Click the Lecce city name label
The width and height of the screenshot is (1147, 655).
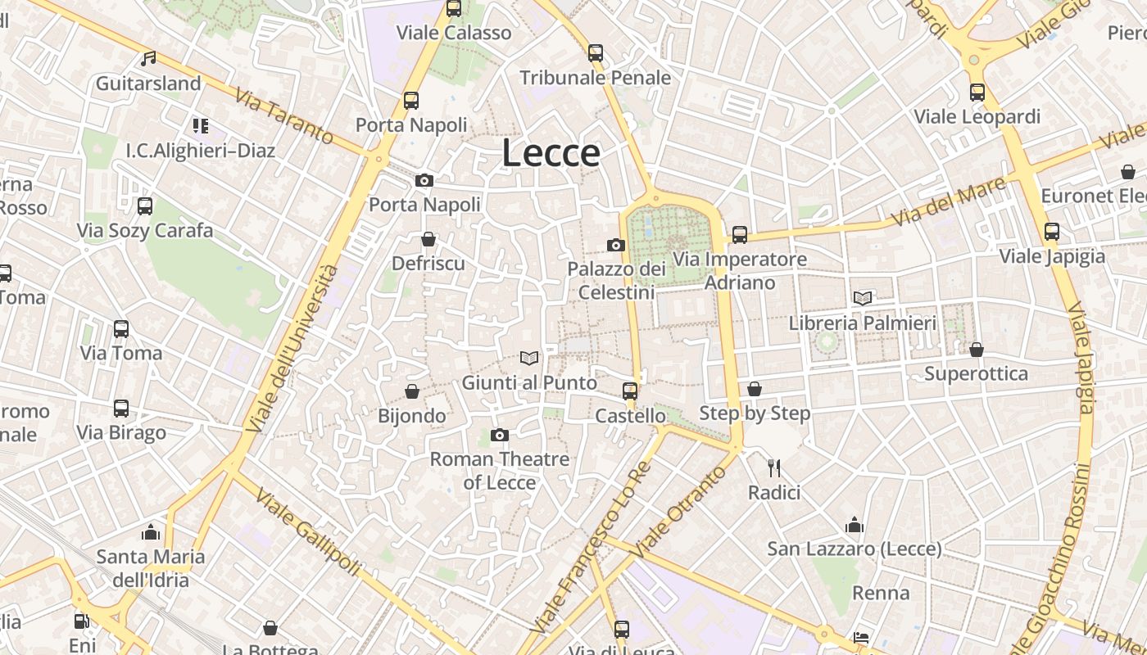tap(551, 153)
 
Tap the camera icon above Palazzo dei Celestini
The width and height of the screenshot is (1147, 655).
tap(616, 245)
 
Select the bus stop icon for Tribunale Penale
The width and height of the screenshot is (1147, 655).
tap(596, 53)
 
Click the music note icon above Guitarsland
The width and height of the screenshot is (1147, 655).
tap(148, 59)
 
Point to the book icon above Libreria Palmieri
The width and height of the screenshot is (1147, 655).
tap(862, 298)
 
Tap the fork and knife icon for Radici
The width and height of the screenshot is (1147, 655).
tap(773, 468)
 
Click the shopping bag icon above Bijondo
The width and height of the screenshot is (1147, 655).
tap(412, 392)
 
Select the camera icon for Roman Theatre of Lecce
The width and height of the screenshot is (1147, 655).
tap(500, 435)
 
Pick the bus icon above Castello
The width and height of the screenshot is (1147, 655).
tap(630, 391)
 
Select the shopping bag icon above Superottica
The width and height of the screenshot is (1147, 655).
tap(976, 350)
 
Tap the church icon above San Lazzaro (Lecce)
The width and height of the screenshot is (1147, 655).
tap(855, 525)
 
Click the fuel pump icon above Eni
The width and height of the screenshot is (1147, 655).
tap(81, 621)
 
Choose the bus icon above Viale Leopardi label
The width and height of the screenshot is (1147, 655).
tap(977, 93)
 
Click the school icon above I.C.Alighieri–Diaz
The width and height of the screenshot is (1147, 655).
tap(201, 126)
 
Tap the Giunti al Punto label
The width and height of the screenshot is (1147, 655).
tap(529, 382)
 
